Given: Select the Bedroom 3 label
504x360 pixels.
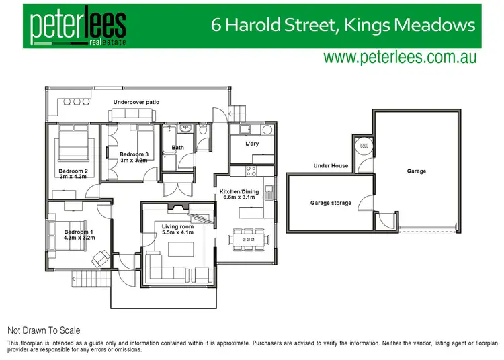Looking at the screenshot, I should click(134, 154).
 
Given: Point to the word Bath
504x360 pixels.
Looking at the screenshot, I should click(177, 148).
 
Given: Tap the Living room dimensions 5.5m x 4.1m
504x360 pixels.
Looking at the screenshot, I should click(178, 233).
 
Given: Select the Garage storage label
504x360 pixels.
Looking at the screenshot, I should click(331, 203).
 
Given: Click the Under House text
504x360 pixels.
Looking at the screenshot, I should click(331, 165).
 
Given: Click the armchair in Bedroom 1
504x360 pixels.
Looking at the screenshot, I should click(101, 257).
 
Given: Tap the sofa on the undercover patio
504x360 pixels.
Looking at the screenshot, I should click(133, 116).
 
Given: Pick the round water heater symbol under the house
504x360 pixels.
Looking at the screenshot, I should click(364, 144).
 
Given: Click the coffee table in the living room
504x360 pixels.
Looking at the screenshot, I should click(179, 250).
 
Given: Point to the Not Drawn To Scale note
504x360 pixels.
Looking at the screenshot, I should click(44, 330).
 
